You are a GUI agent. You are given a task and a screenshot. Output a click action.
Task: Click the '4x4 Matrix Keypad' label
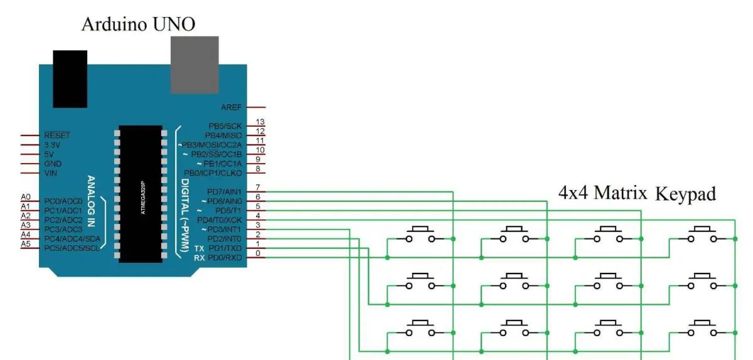(637, 193)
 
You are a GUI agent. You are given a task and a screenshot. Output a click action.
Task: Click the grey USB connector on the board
(195, 65)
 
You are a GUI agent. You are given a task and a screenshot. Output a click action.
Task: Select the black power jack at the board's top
(70, 78)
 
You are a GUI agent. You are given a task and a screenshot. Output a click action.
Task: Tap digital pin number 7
(258, 188)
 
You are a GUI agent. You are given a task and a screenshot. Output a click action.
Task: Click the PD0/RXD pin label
(225, 257)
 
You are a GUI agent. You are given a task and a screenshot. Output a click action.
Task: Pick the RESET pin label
(56, 135)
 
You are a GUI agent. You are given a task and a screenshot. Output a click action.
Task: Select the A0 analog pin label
(26, 197)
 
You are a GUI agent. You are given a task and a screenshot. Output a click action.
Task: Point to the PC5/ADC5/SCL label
(72, 248)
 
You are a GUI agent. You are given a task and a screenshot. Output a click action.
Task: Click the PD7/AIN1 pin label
(224, 191)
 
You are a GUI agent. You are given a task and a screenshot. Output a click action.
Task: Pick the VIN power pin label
(51, 172)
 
